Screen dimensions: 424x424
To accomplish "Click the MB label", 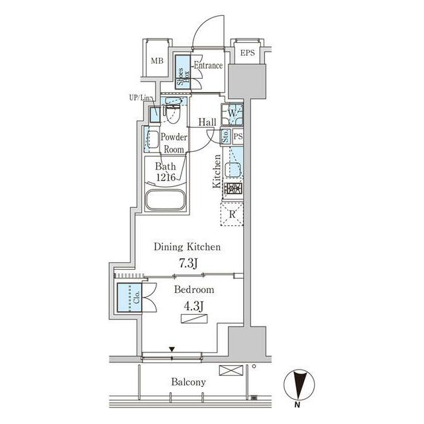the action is [x=157, y=61].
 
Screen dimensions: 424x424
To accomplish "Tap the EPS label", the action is [x=247, y=53].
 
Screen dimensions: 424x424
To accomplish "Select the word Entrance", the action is [x=208, y=66].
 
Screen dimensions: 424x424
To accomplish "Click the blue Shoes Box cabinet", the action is [x=183, y=72].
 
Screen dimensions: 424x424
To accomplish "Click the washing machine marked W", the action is [x=232, y=114].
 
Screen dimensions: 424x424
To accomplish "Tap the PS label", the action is [x=238, y=136].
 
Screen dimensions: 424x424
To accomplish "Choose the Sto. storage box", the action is [x=226, y=136].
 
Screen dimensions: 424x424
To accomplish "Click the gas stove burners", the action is [x=233, y=189].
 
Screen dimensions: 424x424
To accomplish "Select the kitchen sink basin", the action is [x=233, y=170].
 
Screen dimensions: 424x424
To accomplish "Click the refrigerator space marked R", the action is [x=232, y=214].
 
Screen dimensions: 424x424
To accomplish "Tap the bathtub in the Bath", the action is [x=166, y=199].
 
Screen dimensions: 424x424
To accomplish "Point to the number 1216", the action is [x=166, y=177].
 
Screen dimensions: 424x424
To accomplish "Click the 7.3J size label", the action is [x=188, y=263].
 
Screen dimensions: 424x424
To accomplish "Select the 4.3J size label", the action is [x=193, y=306].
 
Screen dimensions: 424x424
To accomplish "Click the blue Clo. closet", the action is [x=129, y=297].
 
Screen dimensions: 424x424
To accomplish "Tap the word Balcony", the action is [x=188, y=382].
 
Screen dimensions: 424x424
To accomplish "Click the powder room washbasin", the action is [x=153, y=140].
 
